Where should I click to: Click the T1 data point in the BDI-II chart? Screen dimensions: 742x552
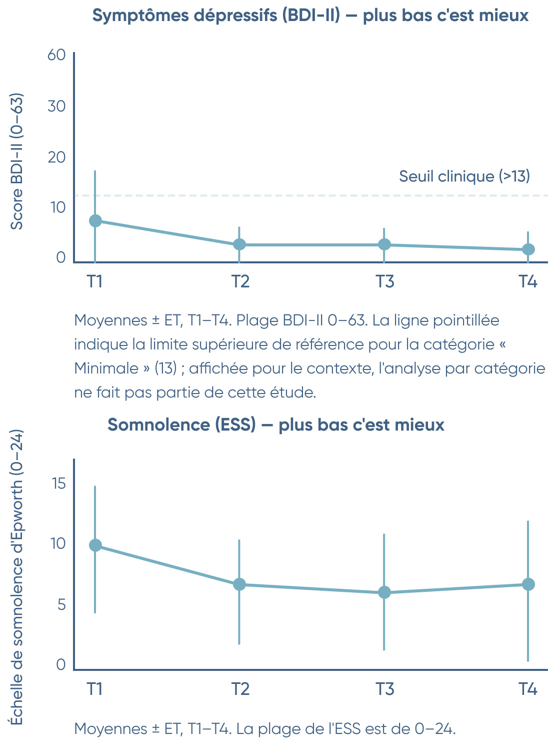coord(95,221)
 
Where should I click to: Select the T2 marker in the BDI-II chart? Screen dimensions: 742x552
coord(239,244)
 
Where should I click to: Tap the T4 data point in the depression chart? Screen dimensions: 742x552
coord(528,249)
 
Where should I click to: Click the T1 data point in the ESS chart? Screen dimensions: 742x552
coord(95,545)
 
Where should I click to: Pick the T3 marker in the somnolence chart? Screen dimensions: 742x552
coord(384,592)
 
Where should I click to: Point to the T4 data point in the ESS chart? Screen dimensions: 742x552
coord(528,584)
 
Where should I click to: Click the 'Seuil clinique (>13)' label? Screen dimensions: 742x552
coord(464,176)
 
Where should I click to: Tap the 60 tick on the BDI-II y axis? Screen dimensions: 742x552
coord(56,55)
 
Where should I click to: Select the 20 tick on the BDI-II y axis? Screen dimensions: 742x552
coord(56,157)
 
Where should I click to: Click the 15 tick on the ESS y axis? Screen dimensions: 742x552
coord(58,483)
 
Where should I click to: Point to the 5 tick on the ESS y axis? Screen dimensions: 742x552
coord(61,604)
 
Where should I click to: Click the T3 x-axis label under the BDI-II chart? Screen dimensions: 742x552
coord(384,281)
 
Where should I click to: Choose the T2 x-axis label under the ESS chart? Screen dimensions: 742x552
coord(240,689)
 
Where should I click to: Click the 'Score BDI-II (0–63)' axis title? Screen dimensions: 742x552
coord(17,161)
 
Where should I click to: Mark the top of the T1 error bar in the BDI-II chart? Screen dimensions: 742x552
coord(95,171)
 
